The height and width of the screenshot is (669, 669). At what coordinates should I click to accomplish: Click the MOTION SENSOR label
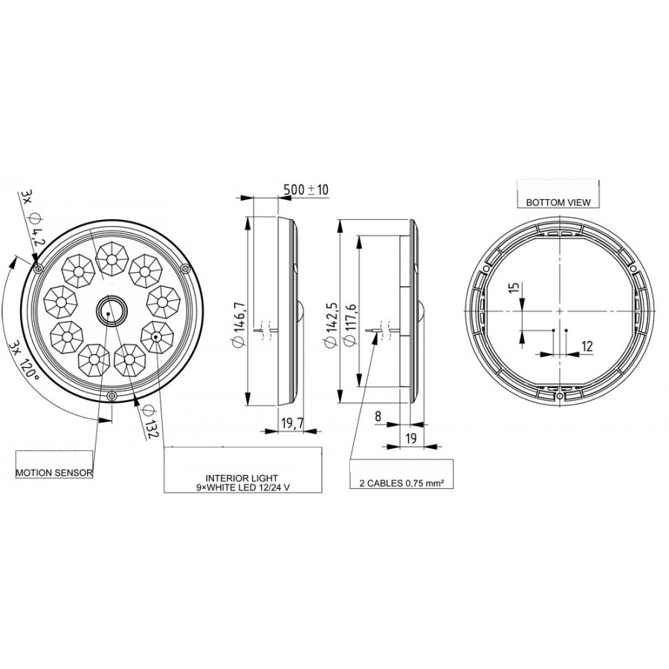54,473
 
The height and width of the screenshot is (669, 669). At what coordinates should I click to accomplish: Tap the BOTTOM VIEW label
558,202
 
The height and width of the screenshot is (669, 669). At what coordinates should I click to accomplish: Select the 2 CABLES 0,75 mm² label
400,483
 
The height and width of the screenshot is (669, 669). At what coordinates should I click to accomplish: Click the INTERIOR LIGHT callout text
242,482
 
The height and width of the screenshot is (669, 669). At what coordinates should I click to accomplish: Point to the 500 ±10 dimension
306,190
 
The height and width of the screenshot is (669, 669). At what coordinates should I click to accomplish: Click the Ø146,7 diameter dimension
239,324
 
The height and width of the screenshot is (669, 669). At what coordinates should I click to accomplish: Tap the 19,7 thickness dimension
292,423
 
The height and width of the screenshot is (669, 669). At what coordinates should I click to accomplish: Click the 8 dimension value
378,416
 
